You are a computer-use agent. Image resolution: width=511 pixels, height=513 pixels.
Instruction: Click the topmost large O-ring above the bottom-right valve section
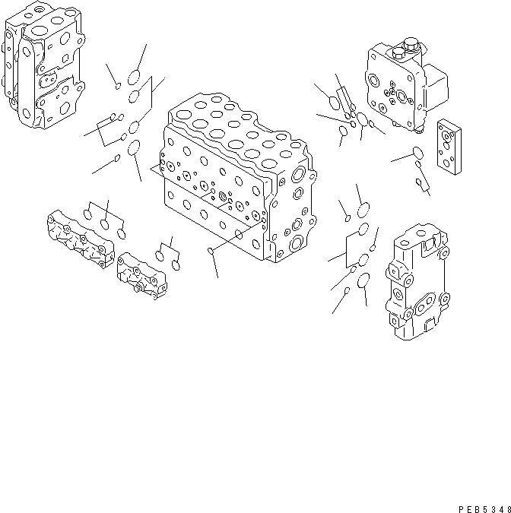point(363,210)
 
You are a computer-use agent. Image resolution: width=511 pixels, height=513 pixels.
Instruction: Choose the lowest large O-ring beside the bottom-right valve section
point(363,282)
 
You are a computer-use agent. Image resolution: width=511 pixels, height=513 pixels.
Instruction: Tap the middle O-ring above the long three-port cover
point(103,225)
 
